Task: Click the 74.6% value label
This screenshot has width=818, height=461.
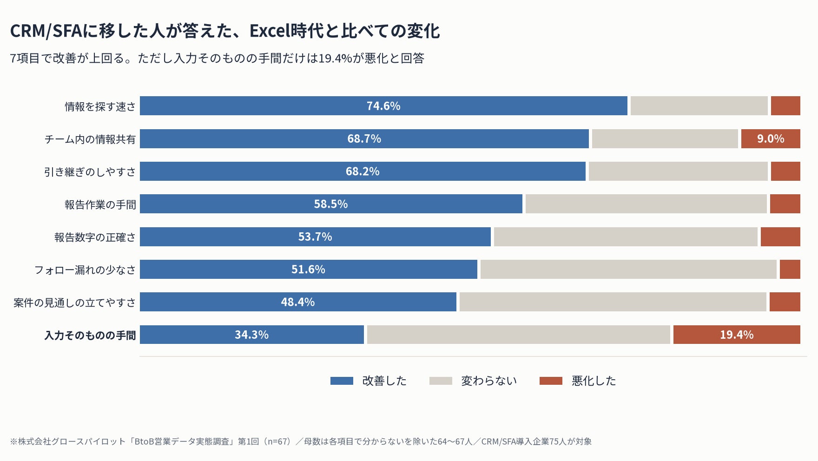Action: point(383,106)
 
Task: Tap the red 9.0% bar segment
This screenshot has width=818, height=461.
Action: point(771,138)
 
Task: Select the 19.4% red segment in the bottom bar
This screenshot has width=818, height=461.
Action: point(737,335)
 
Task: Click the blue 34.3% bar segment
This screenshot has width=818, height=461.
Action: point(252,335)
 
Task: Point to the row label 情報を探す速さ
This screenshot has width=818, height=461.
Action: point(100,106)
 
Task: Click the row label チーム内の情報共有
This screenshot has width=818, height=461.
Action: point(90,139)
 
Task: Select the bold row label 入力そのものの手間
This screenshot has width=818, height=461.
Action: point(90,335)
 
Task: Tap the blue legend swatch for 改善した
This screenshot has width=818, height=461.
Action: point(342,381)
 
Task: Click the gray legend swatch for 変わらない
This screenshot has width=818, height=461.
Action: point(441,381)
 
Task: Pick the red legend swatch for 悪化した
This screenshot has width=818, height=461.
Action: point(551,381)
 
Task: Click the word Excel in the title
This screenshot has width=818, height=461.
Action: point(269,31)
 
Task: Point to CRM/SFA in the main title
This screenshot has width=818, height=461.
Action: point(46,31)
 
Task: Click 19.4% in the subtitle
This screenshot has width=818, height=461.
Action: point(335,58)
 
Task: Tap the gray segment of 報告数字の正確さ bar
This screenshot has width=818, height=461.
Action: point(626,237)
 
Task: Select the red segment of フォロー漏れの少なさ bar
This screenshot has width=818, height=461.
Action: point(790,269)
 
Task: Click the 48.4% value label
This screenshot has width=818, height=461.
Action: point(298,302)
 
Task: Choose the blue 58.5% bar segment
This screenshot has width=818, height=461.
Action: point(331,204)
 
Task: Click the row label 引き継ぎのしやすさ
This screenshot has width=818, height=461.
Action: point(90,172)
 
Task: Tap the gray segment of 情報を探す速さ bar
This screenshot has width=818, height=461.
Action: point(699,105)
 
